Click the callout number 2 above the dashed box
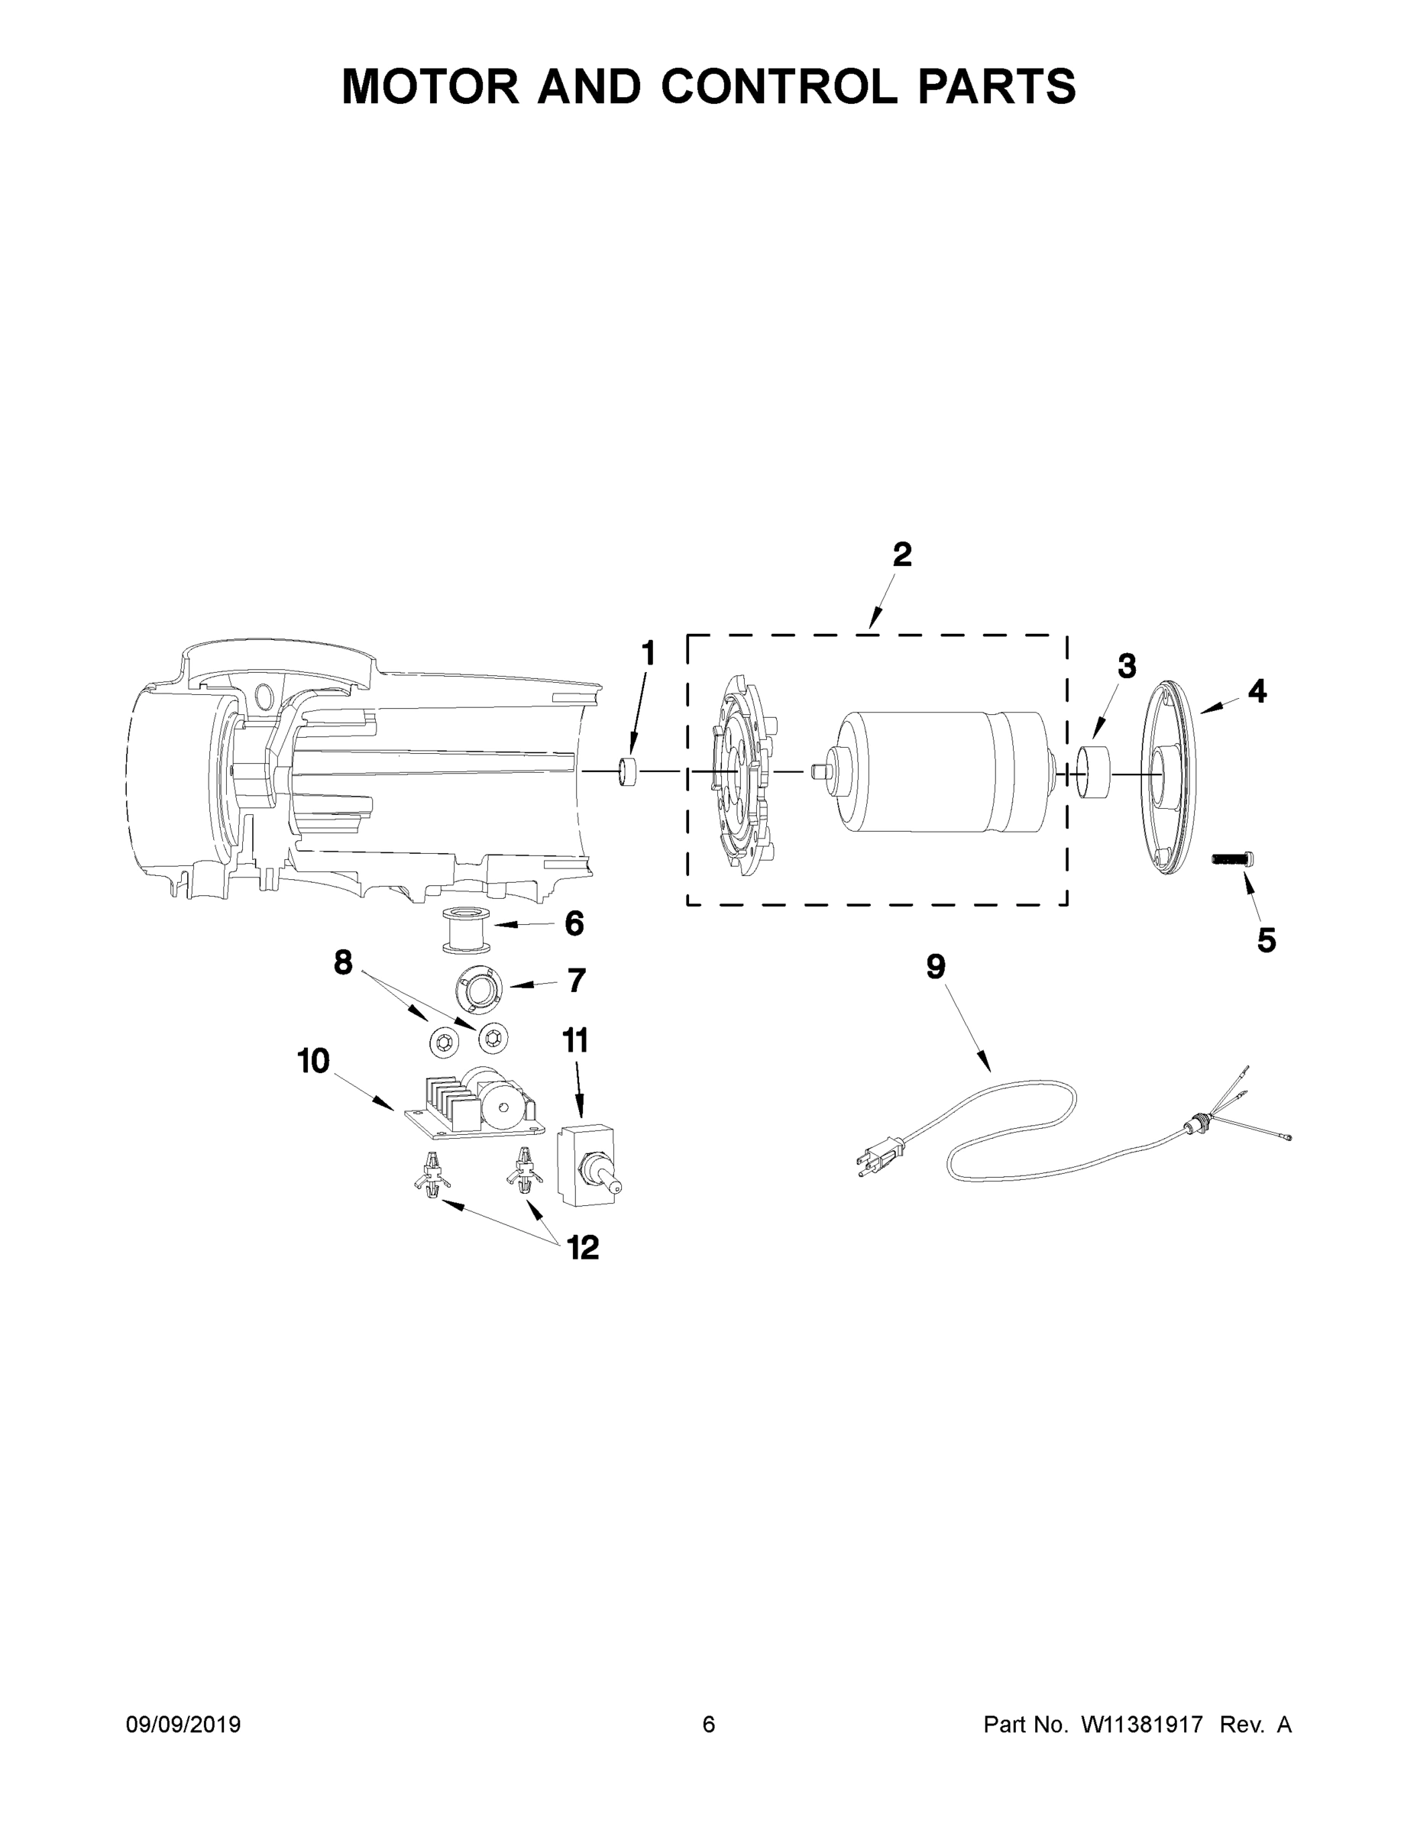click(x=901, y=554)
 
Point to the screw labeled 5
click(x=1231, y=858)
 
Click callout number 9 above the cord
click(x=935, y=966)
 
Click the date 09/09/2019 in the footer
click(x=183, y=1724)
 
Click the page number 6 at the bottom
click(x=709, y=1724)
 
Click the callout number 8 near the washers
click(x=342, y=962)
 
